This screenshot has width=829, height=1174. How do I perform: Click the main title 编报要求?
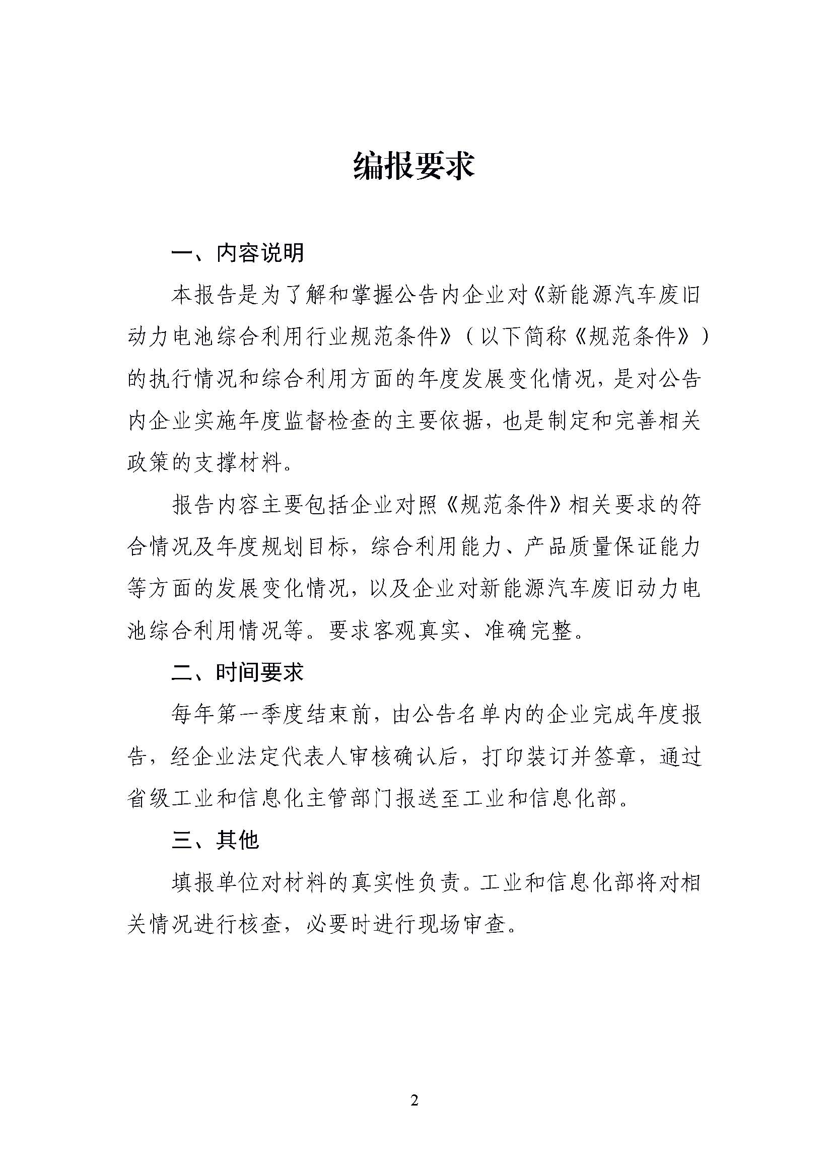(414, 166)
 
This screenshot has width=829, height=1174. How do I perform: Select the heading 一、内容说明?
(238, 253)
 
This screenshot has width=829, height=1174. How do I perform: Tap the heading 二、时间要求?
(238, 672)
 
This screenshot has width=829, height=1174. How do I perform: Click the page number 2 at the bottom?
(414, 1100)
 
